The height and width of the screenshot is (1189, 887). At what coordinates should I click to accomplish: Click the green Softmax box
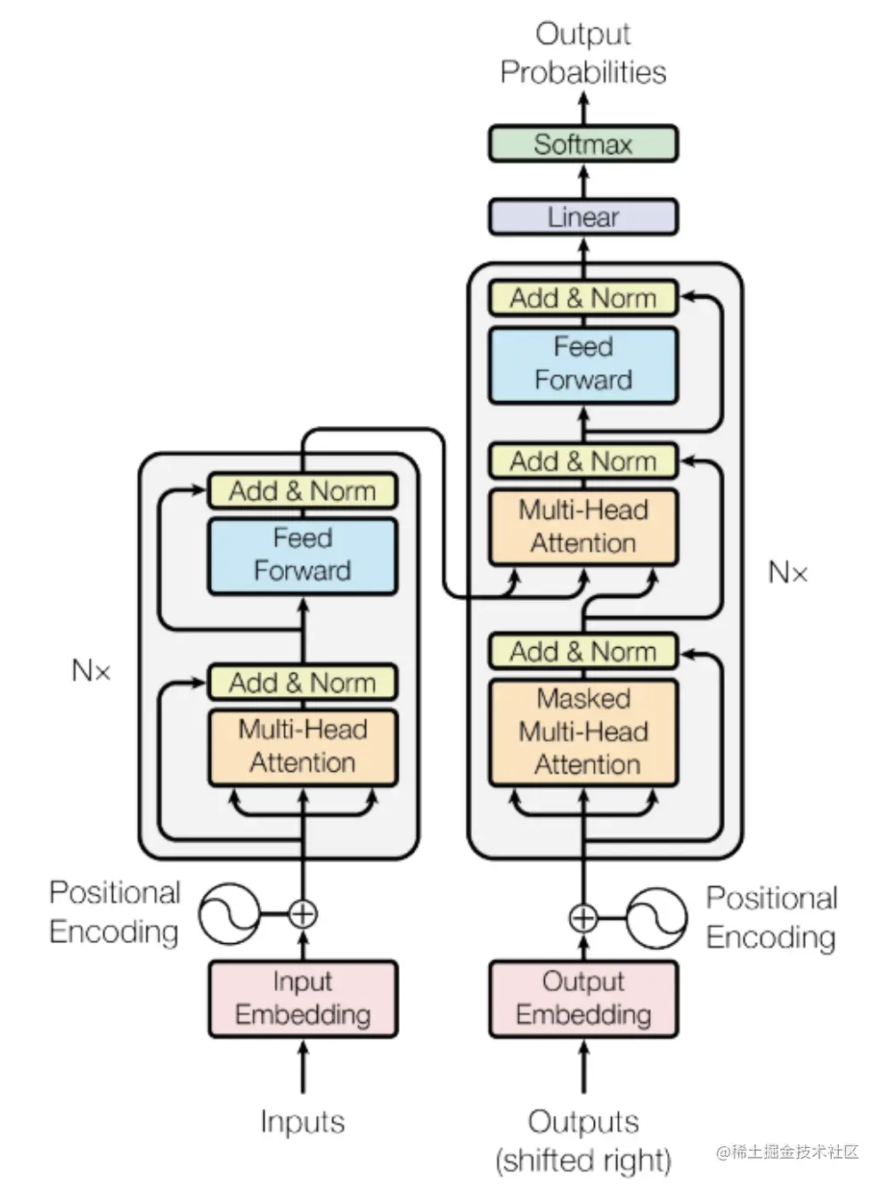tap(582, 143)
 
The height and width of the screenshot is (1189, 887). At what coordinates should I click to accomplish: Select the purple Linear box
tap(582, 217)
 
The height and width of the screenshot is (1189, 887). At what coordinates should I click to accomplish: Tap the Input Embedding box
tap(303, 999)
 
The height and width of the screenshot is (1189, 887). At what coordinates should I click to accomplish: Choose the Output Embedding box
tap(582, 999)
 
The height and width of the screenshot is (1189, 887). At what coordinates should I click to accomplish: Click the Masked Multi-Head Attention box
tap(582, 732)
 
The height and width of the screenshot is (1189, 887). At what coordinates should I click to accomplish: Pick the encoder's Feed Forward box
tap(303, 556)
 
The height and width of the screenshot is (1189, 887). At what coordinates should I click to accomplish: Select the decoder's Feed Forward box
tap(582, 365)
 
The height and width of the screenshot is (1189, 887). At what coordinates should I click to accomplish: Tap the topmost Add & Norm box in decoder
tap(582, 298)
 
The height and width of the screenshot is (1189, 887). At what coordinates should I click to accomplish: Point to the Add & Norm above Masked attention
tap(582, 652)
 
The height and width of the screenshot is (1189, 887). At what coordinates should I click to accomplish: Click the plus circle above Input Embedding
tap(303, 914)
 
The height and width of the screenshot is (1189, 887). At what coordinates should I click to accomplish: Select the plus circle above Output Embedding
tap(583, 918)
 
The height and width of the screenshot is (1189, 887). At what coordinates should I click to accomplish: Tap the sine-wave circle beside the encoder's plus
tap(230, 914)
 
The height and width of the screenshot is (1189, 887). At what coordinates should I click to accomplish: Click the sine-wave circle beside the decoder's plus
tap(657, 918)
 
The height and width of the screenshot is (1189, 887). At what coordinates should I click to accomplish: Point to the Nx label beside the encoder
tap(91, 670)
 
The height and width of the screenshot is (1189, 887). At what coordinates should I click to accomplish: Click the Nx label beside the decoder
tap(788, 571)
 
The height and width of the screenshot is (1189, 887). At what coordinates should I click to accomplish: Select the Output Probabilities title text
tap(582, 53)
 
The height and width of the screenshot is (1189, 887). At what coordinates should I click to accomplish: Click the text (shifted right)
tap(583, 1160)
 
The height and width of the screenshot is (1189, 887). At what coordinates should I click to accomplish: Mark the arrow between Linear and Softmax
tap(583, 182)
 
